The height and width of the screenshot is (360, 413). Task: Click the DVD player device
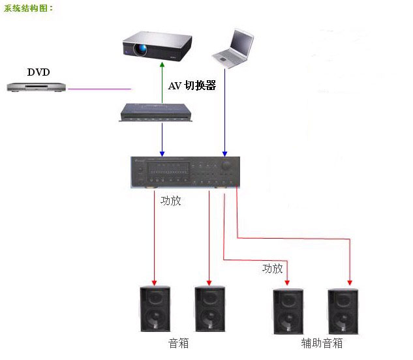point(37,86)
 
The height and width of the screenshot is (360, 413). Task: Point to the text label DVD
point(38,72)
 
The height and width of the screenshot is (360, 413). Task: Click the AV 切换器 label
point(192,85)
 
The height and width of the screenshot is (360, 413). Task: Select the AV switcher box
point(159,112)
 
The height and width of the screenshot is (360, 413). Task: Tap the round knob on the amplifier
point(226,166)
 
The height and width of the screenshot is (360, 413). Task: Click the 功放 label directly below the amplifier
point(170,201)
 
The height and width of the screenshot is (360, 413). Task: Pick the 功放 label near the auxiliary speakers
point(272,268)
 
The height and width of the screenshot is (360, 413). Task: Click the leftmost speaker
point(155,310)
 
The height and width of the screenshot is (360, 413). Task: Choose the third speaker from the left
point(288,310)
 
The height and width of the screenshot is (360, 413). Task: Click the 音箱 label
point(178,343)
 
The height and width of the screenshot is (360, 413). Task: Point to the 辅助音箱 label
point(322,343)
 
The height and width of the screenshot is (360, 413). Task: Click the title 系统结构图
point(29,8)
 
